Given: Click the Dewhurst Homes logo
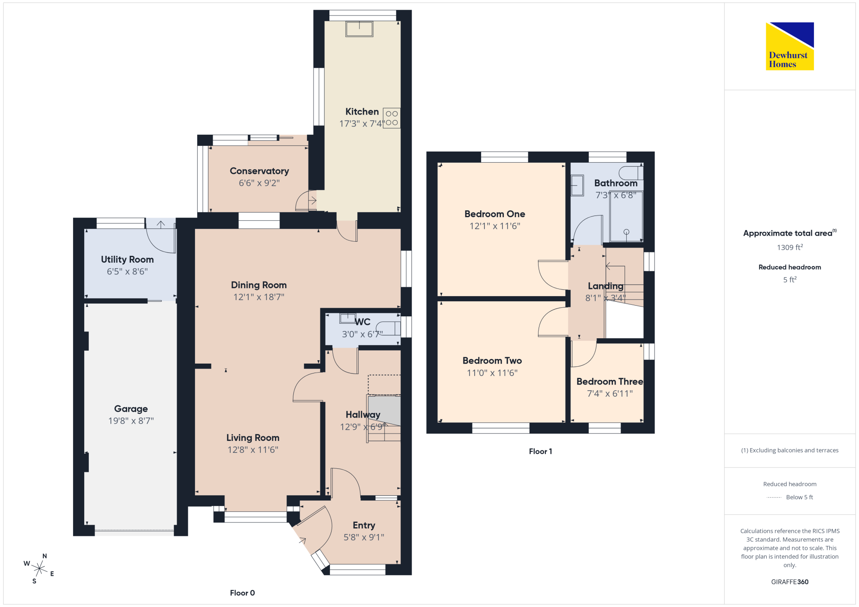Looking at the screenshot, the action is click(x=790, y=46).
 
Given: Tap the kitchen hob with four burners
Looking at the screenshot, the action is click(x=392, y=118).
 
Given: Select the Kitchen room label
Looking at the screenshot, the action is click(x=362, y=112).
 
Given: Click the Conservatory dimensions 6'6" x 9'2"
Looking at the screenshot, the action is click(x=259, y=183).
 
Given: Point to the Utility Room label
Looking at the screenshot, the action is click(x=127, y=259).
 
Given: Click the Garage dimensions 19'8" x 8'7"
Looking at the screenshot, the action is click(x=131, y=421).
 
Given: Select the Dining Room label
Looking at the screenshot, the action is click(x=259, y=285).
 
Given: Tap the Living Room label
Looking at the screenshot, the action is click(x=253, y=438).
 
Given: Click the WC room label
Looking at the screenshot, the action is click(x=362, y=322).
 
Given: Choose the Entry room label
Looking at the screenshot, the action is click(x=364, y=525).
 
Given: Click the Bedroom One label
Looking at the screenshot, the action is click(x=495, y=214).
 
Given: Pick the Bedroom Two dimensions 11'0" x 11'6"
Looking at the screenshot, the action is click(x=492, y=373).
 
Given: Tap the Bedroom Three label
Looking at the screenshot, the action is click(x=610, y=381).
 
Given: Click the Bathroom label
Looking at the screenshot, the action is click(x=616, y=183).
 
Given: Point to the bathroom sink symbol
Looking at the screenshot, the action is click(x=577, y=185).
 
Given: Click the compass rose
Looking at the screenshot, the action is click(x=40, y=569).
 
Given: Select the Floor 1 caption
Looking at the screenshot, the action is click(x=541, y=451).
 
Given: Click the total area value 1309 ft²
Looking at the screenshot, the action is click(x=790, y=247).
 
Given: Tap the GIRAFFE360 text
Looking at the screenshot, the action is click(x=790, y=582).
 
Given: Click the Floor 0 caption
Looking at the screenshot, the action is click(x=242, y=593).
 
